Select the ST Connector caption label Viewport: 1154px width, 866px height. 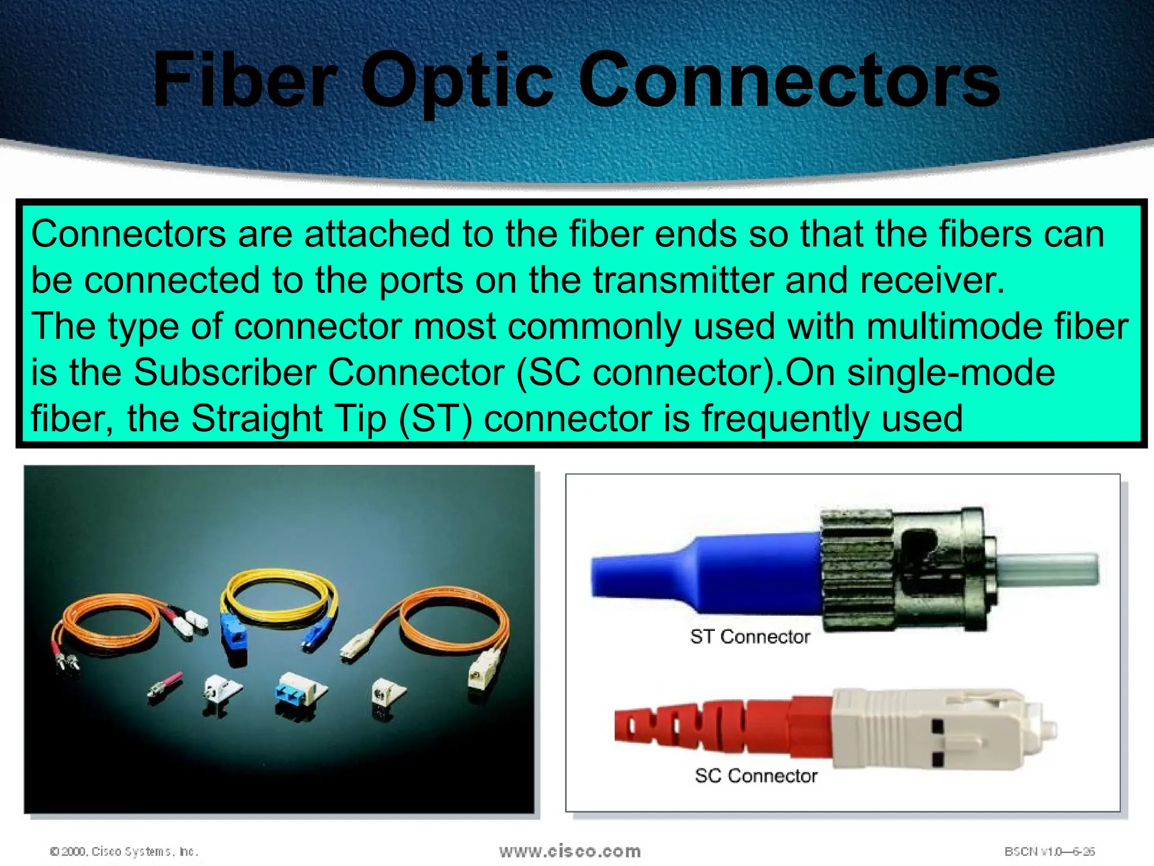pyautogui.click(x=750, y=637)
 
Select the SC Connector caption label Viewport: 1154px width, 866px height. pyautogui.click(x=756, y=776)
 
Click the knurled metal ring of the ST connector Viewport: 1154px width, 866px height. pyautogui.click(x=856, y=569)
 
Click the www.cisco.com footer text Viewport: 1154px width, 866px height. pyautogui.click(x=570, y=851)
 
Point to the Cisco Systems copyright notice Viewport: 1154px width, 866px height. pyautogui.click(x=124, y=851)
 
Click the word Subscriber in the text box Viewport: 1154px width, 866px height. pyautogui.click(x=225, y=372)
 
